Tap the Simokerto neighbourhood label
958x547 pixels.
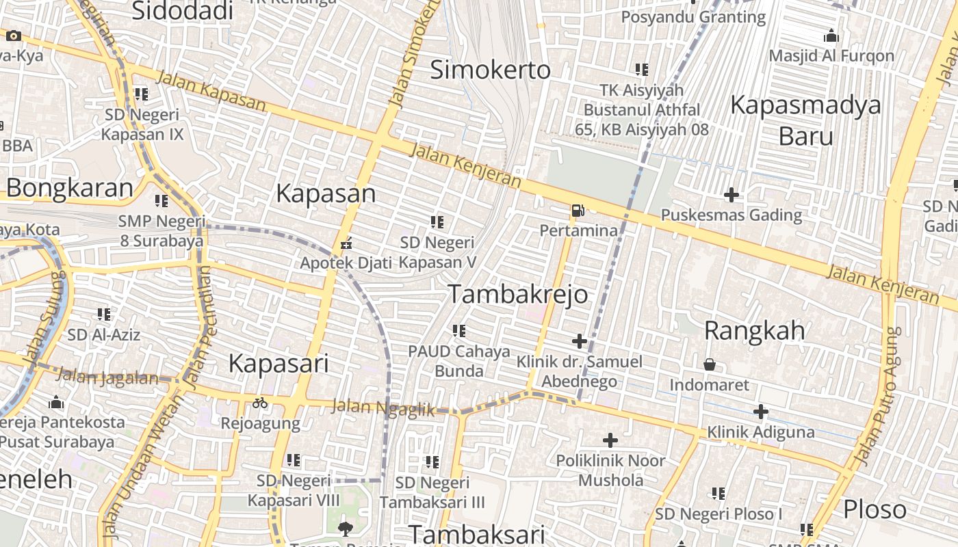point(491,70)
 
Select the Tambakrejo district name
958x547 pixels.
point(518,294)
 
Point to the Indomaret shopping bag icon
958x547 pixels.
point(710,364)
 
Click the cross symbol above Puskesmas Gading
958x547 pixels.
point(732,195)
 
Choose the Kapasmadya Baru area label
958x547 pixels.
point(806,120)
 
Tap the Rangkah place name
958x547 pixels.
point(755,331)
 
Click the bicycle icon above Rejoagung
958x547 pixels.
point(260,403)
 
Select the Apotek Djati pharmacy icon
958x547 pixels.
point(346,243)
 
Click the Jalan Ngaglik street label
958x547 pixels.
point(383,408)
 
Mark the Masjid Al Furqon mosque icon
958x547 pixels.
point(831,36)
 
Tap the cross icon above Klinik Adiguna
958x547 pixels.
point(761,412)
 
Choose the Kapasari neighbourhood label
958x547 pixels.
point(279,363)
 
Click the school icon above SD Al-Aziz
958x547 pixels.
point(104,314)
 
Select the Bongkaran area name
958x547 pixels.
point(69,188)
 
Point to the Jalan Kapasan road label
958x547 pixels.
point(211,90)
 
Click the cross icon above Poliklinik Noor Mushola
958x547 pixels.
point(610,440)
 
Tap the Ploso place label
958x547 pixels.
point(875,509)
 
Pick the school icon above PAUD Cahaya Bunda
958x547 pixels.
point(459,331)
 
